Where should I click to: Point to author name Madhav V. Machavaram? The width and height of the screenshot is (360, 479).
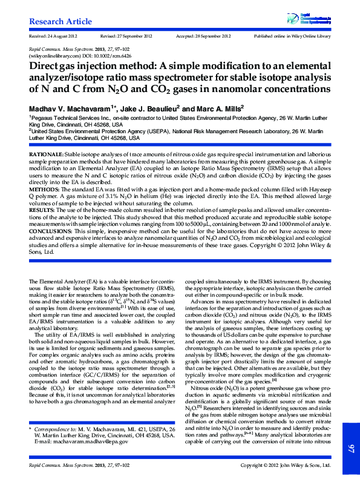click(x=70, y=107)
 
